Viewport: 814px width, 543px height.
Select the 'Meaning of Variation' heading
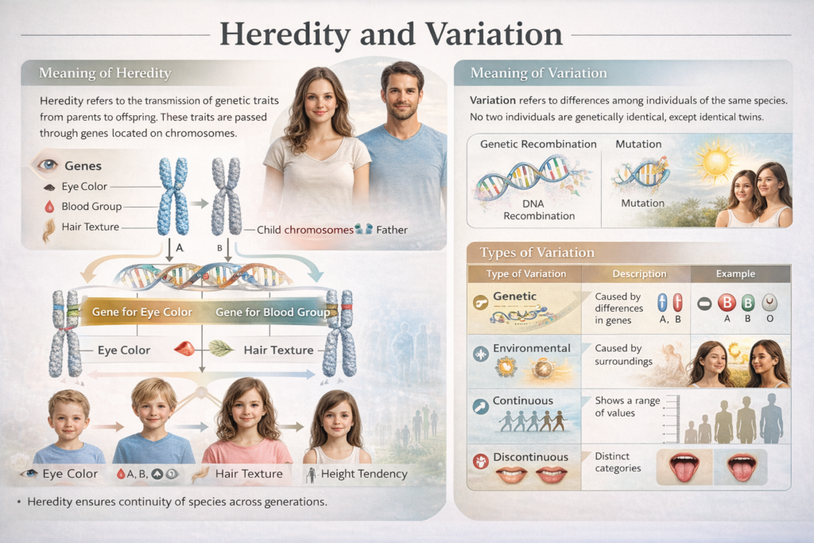point(538,73)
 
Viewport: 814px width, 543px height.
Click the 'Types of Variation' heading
point(537,253)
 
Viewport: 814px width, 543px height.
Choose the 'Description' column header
point(639,273)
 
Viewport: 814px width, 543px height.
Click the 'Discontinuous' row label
point(530,457)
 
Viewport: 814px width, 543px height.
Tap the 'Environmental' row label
point(531,348)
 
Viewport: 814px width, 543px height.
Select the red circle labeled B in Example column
point(727,303)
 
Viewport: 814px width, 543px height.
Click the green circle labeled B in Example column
point(748,303)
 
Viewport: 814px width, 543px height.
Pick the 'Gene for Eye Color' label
point(142,312)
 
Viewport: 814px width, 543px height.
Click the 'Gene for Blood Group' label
point(272,312)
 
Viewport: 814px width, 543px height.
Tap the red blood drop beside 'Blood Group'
point(47,207)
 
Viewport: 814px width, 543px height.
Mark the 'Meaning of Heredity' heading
point(105,74)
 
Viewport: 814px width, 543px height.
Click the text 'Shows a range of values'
point(627,406)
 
